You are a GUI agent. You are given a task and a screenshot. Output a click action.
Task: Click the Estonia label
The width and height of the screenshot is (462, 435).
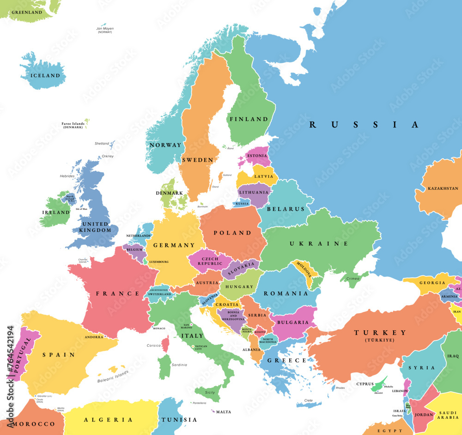[x=257, y=156]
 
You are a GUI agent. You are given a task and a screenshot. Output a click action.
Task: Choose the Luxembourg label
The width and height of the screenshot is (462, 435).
[x=158, y=262]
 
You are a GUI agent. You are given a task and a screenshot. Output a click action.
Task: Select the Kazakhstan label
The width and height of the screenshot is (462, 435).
[x=443, y=188]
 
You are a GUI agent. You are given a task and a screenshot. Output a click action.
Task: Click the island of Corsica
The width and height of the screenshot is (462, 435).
[x=165, y=343]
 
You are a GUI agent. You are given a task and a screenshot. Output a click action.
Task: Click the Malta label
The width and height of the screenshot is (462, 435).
[x=224, y=412]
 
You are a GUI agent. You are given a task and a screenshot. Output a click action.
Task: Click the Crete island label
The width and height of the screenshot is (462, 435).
[x=309, y=400]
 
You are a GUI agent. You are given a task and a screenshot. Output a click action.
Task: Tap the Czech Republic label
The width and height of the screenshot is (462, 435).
[x=207, y=261]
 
